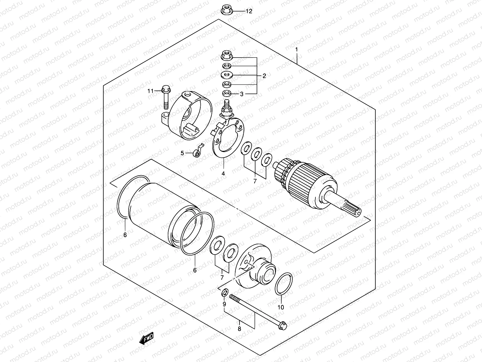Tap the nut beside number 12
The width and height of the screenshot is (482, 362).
tap(226, 11)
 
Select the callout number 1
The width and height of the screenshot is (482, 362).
tap(296, 49)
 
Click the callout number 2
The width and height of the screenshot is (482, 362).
tap(264, 76)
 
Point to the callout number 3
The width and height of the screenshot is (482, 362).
tap(241, 94)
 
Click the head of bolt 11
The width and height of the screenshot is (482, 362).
tap(165, 89)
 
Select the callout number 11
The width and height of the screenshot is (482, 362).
tap(150, 91)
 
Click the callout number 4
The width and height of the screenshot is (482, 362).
tap(223, 173)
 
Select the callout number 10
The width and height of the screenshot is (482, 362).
tap(280, 307)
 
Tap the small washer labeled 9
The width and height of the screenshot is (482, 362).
tap(224, 293)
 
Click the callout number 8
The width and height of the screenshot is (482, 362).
tap(239, 329)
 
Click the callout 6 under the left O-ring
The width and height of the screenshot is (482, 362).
tap(125, 235)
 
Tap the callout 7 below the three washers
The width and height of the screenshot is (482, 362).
tap(255, 181)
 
